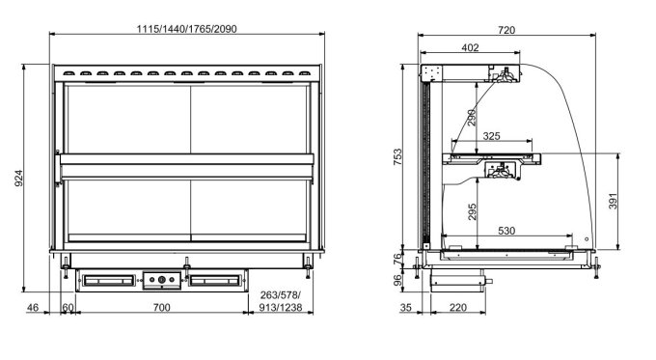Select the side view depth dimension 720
(506, 30)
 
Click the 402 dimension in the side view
(470, 47)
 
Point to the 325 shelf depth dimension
(491, 136)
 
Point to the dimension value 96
(410, 280)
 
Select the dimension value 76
(410, 257)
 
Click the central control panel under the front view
(161, 280)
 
